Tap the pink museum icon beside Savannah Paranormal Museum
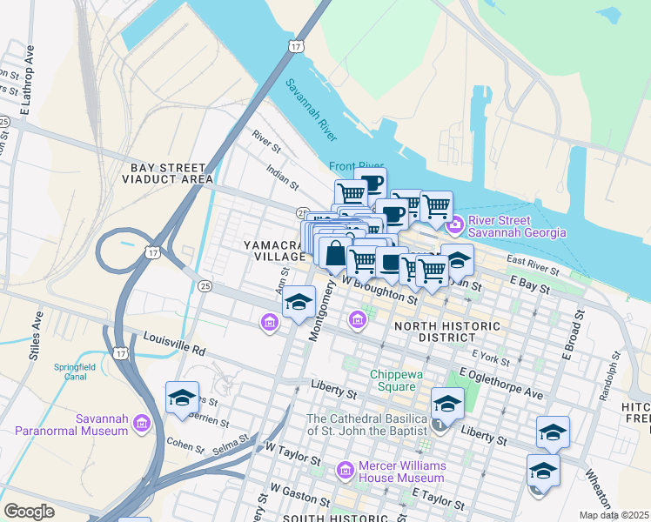(143, 424)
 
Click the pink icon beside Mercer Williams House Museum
(346, 470)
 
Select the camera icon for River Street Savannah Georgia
(454, 226)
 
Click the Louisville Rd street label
(174, 344)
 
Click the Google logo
(30, 511)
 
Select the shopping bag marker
(335, 254)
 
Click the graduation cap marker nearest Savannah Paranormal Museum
(182, 398)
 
